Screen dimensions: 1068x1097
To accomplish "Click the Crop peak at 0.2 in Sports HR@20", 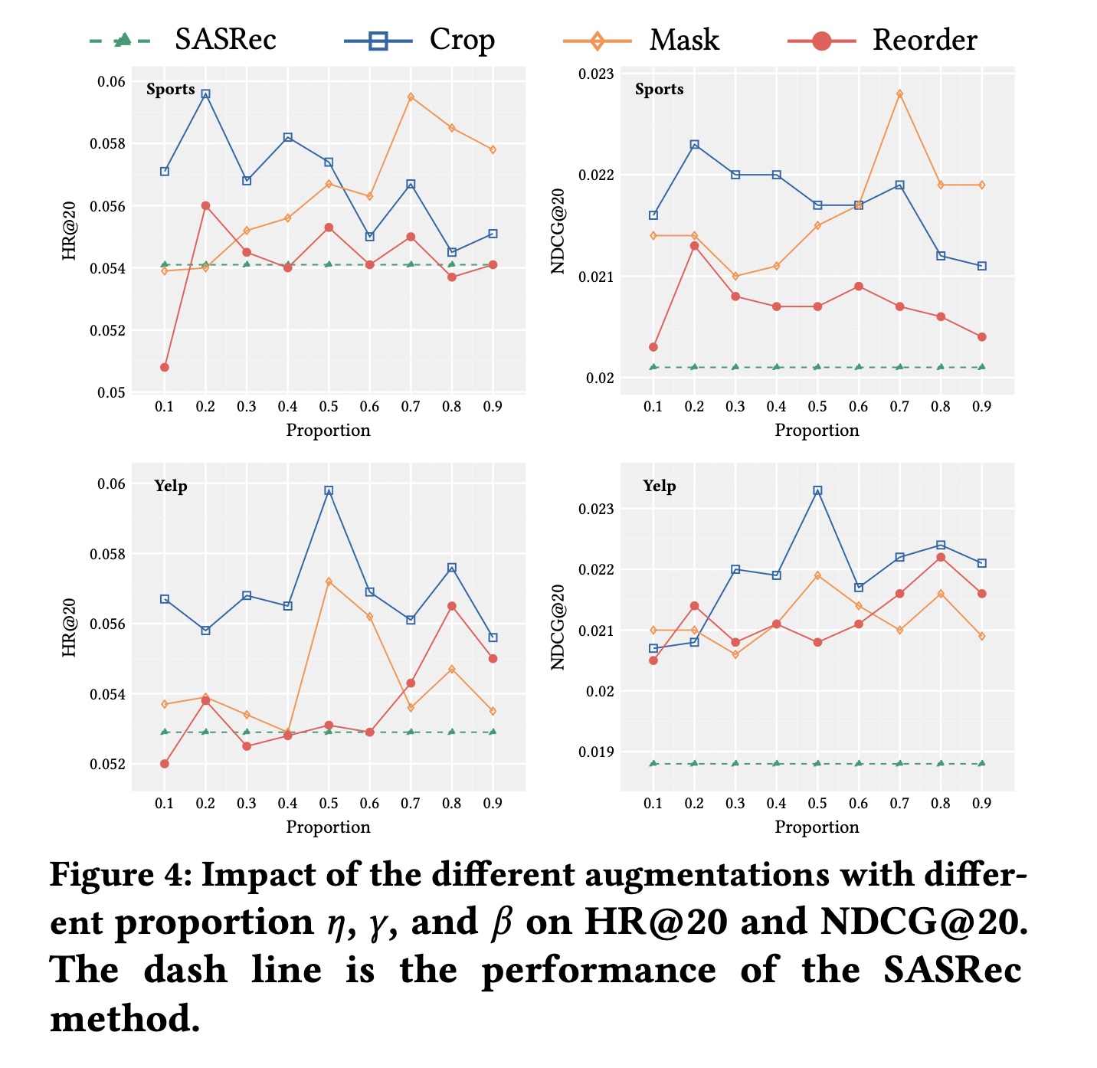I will pos(205,93).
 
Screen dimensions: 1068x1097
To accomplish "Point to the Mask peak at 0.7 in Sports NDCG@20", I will pos(899,93).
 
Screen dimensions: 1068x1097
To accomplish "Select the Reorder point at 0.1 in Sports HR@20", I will pos(164,367).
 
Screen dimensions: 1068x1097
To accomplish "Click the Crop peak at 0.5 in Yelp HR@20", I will pos(329,490).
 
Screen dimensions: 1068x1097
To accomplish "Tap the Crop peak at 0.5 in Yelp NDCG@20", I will pos(817,490).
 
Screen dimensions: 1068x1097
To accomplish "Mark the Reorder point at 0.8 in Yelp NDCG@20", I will pos(941,557).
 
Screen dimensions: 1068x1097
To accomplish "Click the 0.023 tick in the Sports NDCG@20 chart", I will pos(596,74).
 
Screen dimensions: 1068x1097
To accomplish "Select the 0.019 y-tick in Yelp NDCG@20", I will pos(596,752).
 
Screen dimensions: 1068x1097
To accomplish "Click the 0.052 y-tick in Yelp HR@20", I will pos(108,765).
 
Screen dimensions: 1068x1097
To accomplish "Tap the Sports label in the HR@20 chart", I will pos(171,90).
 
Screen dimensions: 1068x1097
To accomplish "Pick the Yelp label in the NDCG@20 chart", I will pos(660,486).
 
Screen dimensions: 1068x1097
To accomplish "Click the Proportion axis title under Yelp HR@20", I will pos(328,827).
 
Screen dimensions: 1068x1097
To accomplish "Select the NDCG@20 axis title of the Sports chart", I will pos(558,231).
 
